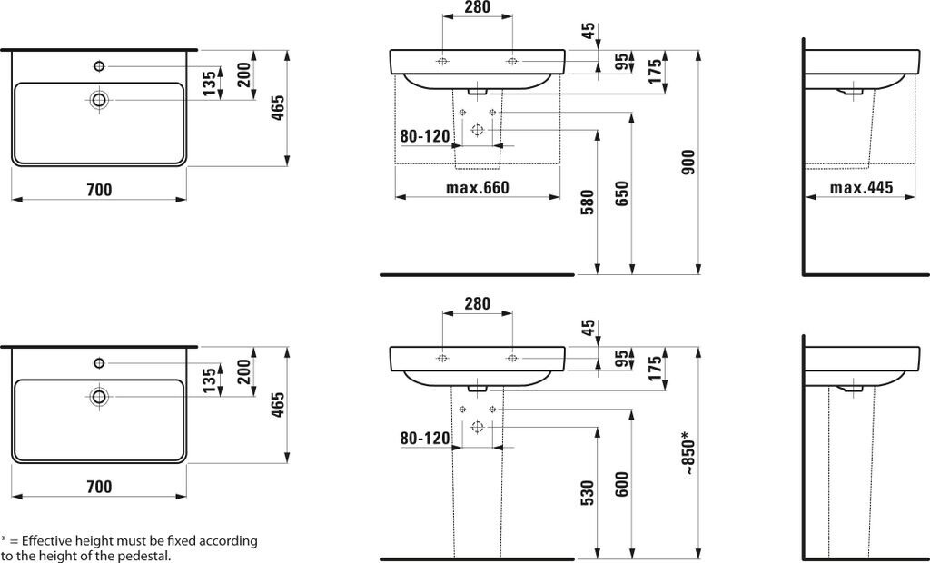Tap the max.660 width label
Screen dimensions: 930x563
(x=477, y=188)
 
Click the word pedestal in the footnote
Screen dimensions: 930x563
(x=144, y=556)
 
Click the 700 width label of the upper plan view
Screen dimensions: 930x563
(x=98, y=190)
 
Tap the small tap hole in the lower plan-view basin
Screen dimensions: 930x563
(x=98, y=363)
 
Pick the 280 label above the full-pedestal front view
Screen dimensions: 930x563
(x=477, y=303)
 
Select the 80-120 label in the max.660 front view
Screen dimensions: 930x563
(x=425, y=137)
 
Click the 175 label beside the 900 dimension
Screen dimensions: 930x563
(x=654, y=72)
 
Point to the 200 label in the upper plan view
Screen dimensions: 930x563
(x=243, y=75)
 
